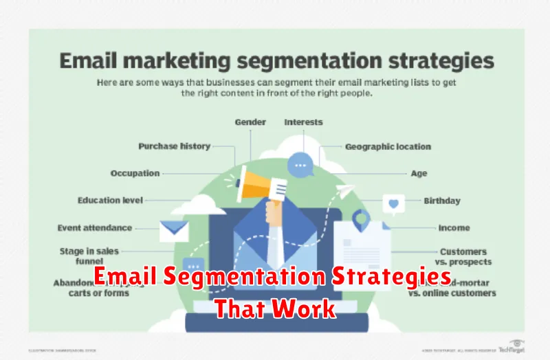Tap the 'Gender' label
click(251, 122)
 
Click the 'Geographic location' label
click(388, 146)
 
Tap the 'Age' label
click(419, 174)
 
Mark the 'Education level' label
click(110, 201)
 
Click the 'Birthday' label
click(442, 201)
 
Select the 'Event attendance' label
click(96, 228)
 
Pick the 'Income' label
click(454, 228)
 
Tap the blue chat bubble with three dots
click(300, 166)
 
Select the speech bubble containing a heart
click(393, 204)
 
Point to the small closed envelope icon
click(174, 230)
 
